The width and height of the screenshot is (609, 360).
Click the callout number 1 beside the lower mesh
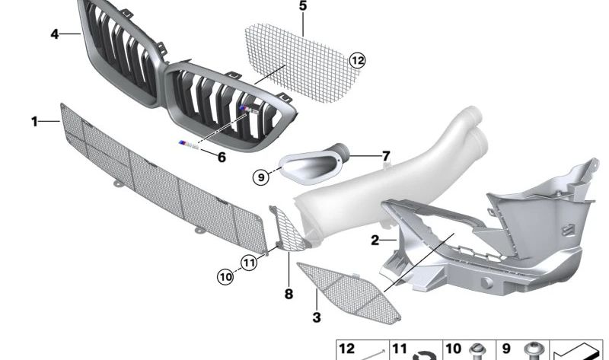34,121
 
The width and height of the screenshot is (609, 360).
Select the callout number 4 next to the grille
54,33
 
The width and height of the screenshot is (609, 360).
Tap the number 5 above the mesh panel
302,6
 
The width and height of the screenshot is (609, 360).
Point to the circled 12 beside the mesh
358,59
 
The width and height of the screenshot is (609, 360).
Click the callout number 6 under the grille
222,158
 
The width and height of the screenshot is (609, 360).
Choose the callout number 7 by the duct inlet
386,156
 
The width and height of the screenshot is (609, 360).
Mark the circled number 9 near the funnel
261,177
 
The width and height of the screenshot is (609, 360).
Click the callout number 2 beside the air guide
375,241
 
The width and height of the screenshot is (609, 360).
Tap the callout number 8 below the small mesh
289,293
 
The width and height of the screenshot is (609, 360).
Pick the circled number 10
225,277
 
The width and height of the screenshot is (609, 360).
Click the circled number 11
248,263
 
